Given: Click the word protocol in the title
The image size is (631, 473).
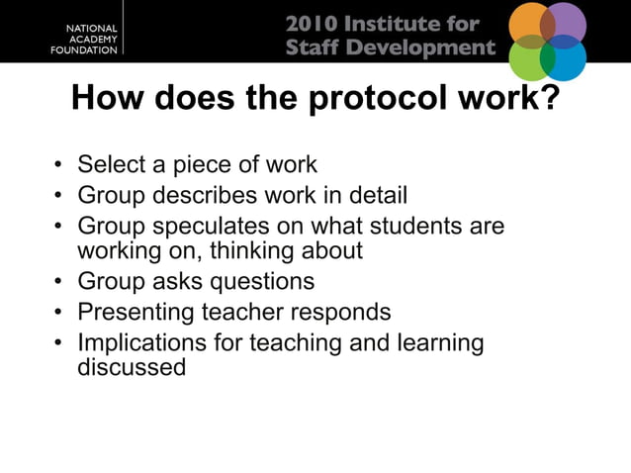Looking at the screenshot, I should [379, 100].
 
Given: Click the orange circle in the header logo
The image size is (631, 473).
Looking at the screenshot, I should [528, 24].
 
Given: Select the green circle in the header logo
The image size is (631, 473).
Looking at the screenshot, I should [529, 59].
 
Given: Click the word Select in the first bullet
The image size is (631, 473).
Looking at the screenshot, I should [111, 164].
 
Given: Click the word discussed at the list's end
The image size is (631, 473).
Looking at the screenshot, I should [131, 367].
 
